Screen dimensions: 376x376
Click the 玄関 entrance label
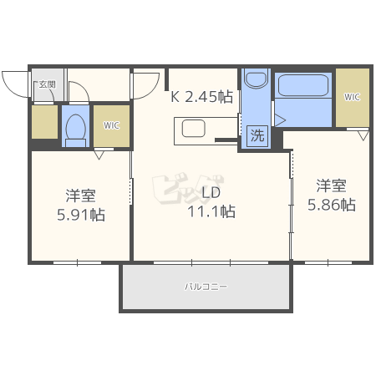pyautogui.click(x=47, y=84)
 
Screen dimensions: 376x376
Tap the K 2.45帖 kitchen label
pyautogui.click(x=201, y=97)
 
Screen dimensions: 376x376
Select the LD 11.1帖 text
pyautogui.click(x=211, y=201)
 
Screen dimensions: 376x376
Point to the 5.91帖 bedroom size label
pyautogui.click(x=81, y=215)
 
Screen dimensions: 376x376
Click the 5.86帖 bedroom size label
pyautogui.click(x=332, y=205)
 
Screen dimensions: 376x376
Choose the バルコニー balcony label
pyautogui.click(x=206, y=287)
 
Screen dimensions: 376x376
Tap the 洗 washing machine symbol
pyautogui.click(x=257, y=135)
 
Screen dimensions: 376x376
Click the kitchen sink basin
pyautogui.click(x=194, y=129)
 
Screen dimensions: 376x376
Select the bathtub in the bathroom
pyautogui.click(x=303, y=85)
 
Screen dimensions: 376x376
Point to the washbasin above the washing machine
pyautogui.click(x=256, y=78)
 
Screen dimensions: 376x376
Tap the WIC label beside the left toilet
pyautogui.click(x=111, y=125)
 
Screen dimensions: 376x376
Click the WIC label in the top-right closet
pyautogui.click(x=352, y=97)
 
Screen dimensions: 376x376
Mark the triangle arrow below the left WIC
pyautogui.click(x=99, y=155)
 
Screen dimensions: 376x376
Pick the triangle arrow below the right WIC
pyautogui.click(x=363, y=135)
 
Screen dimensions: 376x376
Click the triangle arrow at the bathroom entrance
pyautogui.click(x=281, y=120)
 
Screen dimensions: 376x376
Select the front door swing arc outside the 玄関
pyautogui.click(x=11, y=90)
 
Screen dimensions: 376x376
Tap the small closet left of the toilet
pyautogui.click(x=44, y=122)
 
